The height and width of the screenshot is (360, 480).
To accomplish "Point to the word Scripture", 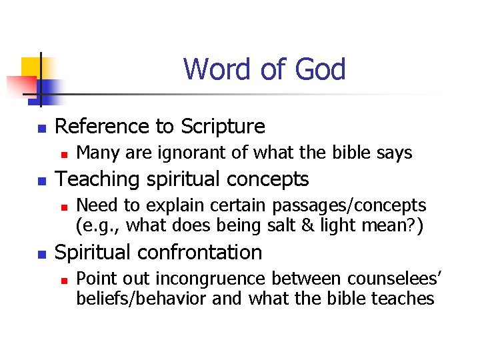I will pos(223,127).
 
